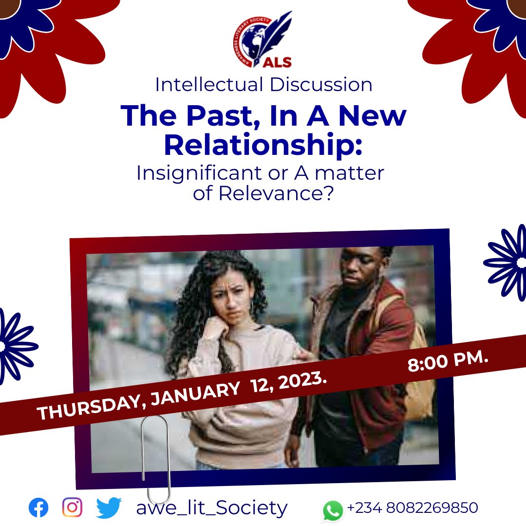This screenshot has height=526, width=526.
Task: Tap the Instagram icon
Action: pyautogui.click(x=72, y=508)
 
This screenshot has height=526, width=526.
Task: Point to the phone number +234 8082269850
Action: pyautogui.click(x=413, y=508)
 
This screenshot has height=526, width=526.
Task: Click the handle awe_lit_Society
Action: pyautogui.click(x=212, y=508)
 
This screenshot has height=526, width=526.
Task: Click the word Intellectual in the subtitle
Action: pyautogui.click(x=209, y=85)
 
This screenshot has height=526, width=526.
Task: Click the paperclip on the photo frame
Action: pyautogui.click(x=155, y=458)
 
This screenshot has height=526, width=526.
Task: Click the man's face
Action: pyautogui.click(x=360, y=271)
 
